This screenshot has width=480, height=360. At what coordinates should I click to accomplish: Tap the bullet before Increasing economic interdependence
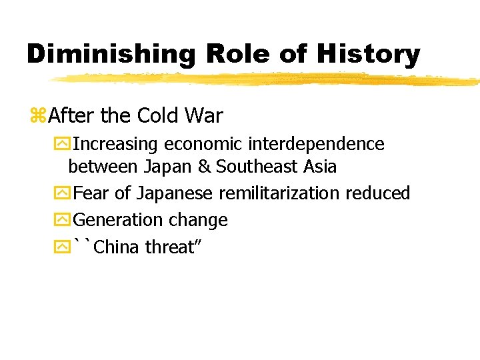pyautogui.click(x=63, y=144)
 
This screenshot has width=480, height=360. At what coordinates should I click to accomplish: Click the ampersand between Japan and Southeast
pyautogui.click(x=205, y=167)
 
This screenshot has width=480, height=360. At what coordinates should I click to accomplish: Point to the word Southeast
pyautogui.click(x=258, y=167)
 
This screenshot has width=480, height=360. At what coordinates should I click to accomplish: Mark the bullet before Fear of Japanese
pyautogui.click(x=63, y=194)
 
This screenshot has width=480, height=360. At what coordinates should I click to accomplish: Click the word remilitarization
pyautogui.click(x=279, y=193)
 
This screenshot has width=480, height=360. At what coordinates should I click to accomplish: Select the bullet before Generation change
pyautogui.click(x=63, y=221)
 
